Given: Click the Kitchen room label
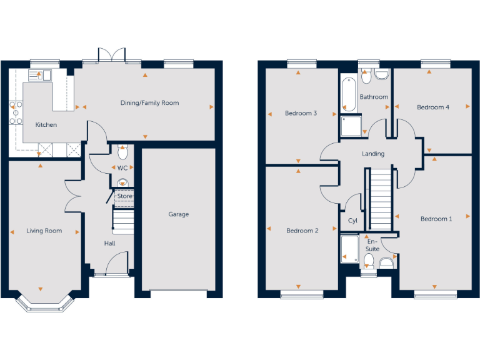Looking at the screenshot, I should (x=46, y=125).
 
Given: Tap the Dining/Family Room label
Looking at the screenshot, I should (x=149, y=103).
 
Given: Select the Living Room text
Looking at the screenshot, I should (x=44, y=231).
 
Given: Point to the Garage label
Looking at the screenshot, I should (x=178, y=214).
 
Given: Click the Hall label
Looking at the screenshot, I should (x=109, y=243).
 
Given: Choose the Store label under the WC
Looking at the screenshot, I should (x=124, y=197).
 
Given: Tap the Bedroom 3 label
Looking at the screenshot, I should (x=301, y=114).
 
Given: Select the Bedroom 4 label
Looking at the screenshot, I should (x=433, y=107).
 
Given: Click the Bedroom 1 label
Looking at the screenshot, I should (x=436, y=219).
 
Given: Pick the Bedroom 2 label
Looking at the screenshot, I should (x=302, y=231).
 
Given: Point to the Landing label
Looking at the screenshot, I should (x=373, y=154).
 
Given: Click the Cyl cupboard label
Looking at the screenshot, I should (x=352, y=221).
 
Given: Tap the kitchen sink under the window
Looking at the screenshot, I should (x=39, y=76).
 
